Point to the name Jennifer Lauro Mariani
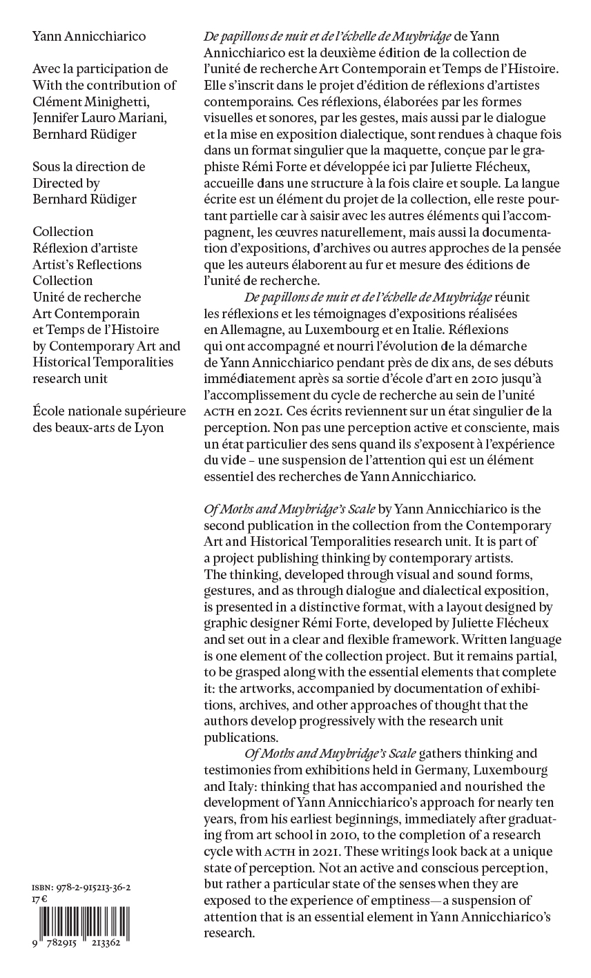[x=101, y=118]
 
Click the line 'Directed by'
[x=66, y=183]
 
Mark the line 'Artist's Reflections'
[x=87, y=264]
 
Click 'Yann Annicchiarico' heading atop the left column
[x=90, y=37]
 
